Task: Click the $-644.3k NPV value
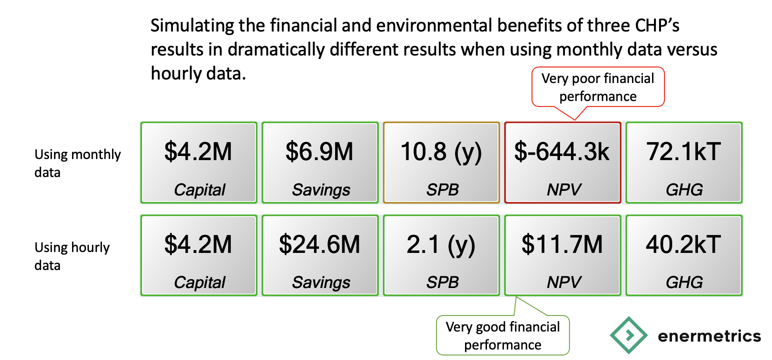562,151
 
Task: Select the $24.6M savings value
319,244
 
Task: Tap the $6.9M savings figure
319,151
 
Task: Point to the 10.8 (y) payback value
441,152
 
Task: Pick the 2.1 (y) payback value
441,245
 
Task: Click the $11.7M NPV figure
562,244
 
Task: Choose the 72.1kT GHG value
683,151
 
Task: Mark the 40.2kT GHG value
683,244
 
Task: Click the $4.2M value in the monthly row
198,151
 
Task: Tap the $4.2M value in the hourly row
198,244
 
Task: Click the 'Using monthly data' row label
77,163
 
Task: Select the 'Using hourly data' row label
72,256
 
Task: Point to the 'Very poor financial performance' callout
598,87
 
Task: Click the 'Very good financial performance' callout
503,335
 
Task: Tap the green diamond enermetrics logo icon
628,335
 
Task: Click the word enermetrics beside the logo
709,336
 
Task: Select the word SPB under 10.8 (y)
442,190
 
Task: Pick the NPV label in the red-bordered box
564,190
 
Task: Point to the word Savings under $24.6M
321,283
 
